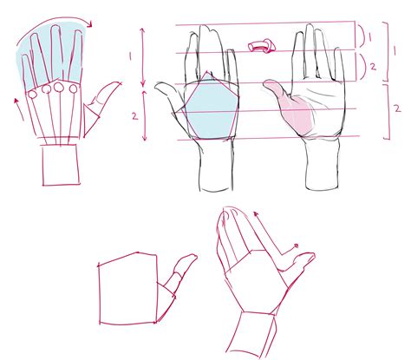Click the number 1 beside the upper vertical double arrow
tap(129, 54)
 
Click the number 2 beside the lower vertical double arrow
tap(129, 114)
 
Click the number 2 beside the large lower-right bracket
tap(395, 109)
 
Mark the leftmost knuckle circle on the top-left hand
tap(33, 91)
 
